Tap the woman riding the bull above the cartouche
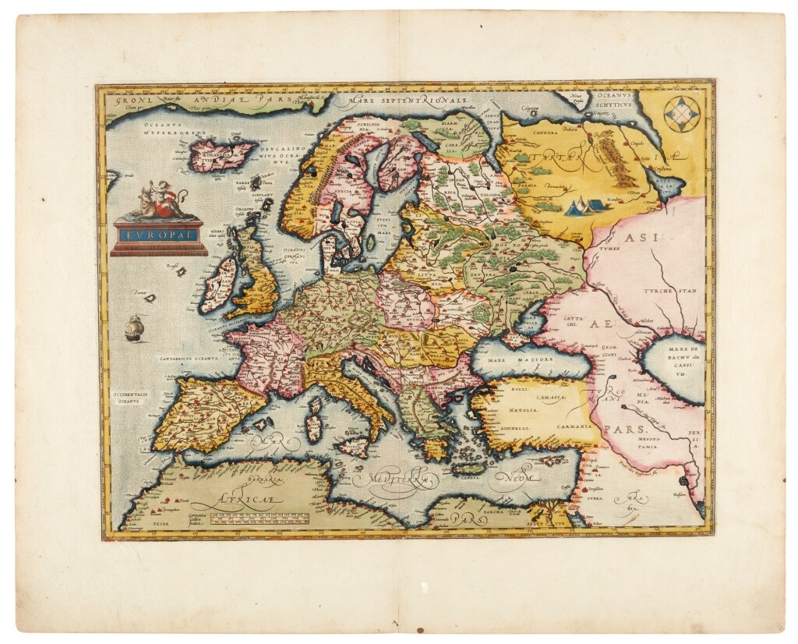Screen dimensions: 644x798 pos(158,201)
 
